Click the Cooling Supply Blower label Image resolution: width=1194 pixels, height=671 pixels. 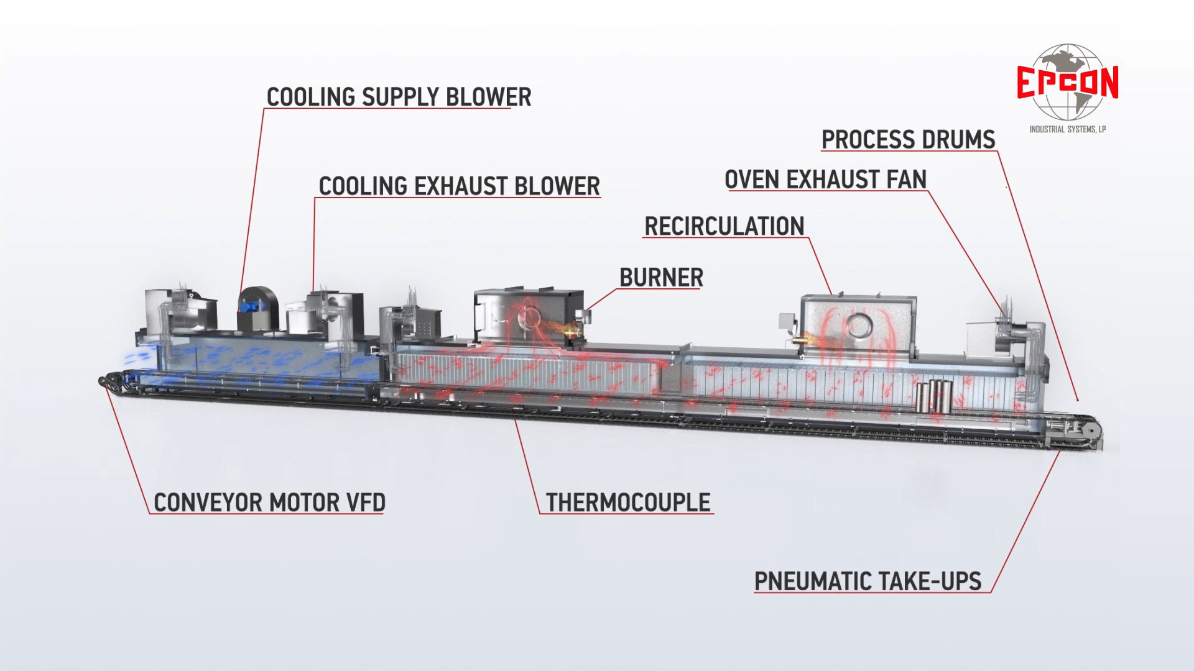click(x=399, y=98)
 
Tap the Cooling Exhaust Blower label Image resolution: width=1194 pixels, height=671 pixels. click(x=459, y=186)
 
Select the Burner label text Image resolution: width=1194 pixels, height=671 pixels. click(x=661, y=278)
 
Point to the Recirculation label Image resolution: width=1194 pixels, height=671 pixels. click(x=724, y=227)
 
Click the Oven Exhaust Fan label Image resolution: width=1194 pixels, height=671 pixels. click(x=825, y=180)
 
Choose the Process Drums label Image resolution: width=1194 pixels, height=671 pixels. click(x=908, y=140)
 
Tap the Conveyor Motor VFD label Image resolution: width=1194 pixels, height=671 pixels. click(x=269, y=503)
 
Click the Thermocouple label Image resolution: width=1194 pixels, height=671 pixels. click(x=628, y=503)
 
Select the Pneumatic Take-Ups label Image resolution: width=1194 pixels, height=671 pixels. click(x=868, y=582)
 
